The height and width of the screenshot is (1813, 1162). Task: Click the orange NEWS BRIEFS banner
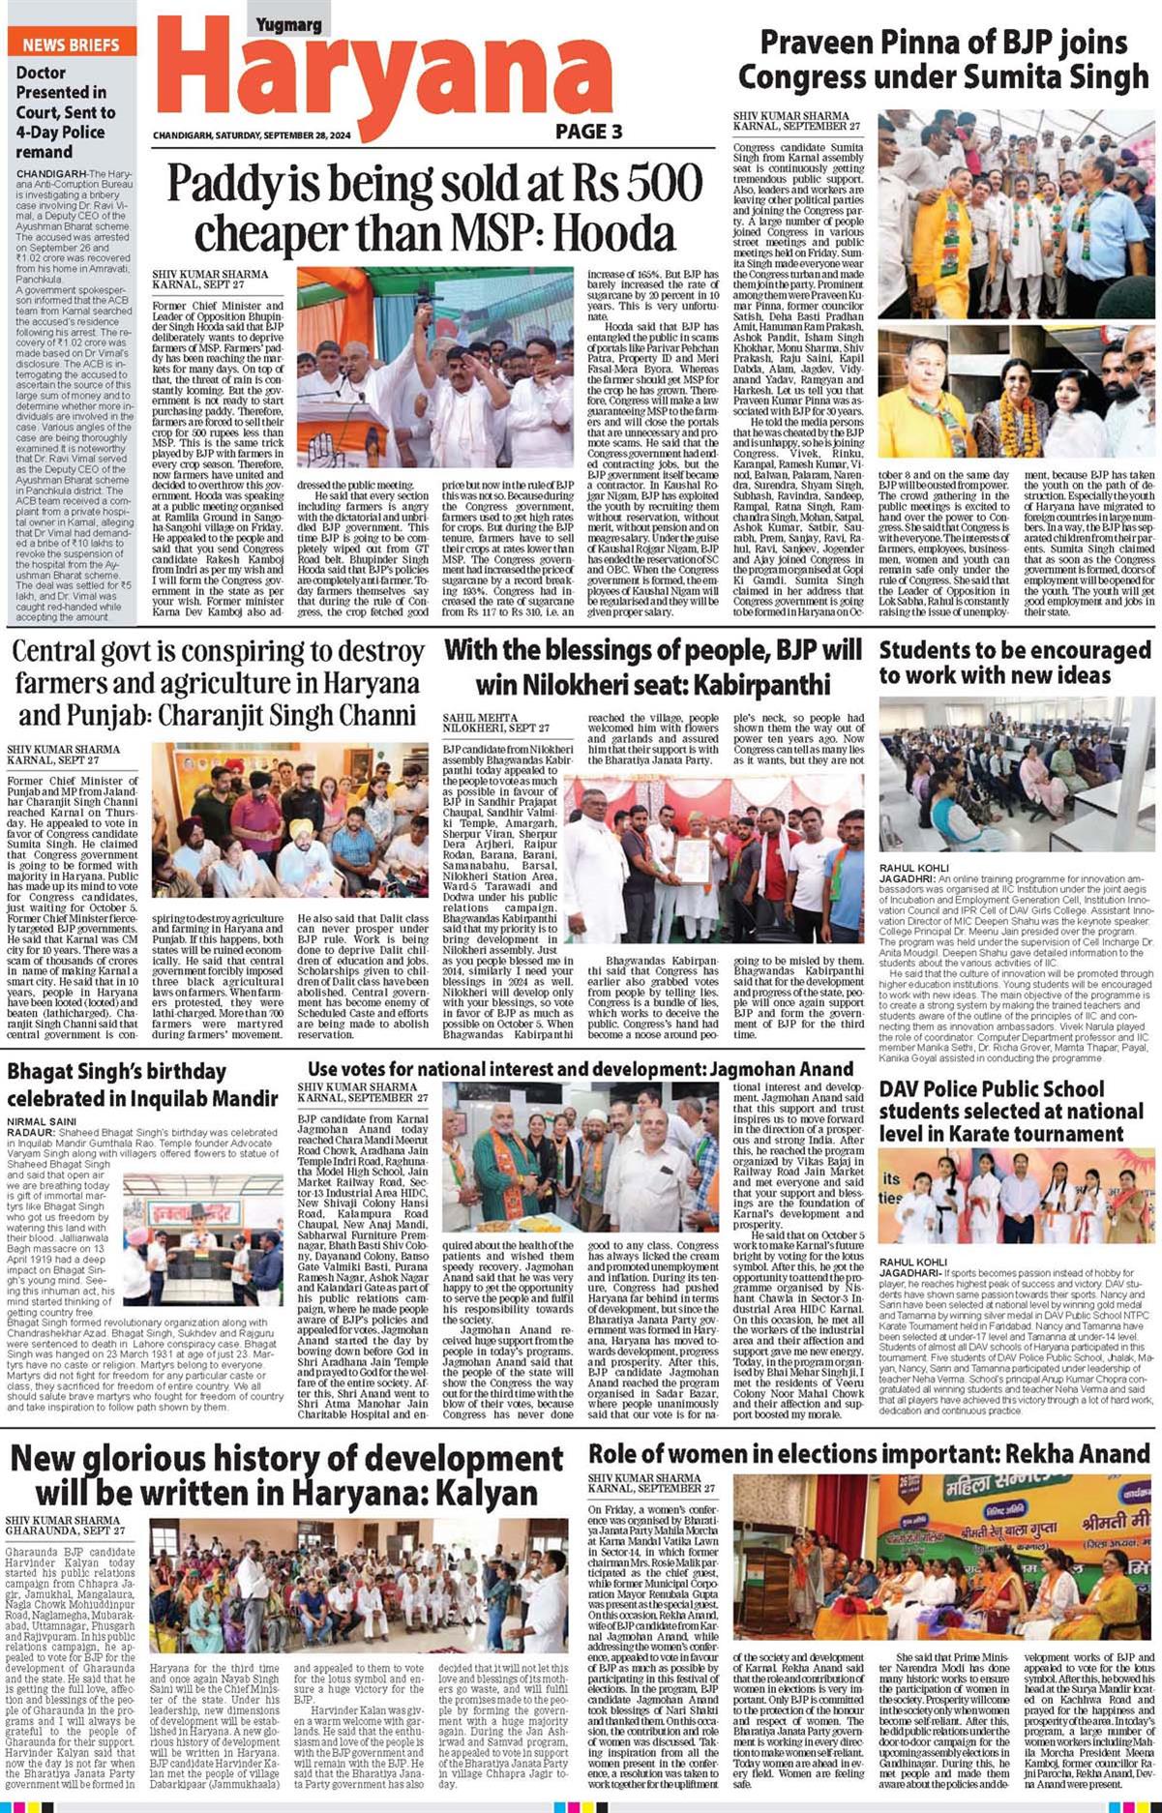(72, 44)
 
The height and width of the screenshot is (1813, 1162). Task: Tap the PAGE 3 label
(588, 132)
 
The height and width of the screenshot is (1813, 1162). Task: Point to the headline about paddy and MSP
(433, 207)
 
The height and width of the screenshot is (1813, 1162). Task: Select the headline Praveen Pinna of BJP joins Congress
(943, 59)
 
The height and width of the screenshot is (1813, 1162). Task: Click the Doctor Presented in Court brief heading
(64, 111)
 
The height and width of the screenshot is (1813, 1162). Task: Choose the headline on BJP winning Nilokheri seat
(652, 666)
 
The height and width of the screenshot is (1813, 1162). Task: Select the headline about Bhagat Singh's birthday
(142, 1085)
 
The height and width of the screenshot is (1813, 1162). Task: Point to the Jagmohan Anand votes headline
(581, 1069)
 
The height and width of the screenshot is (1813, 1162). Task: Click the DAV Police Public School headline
(1011, 1112)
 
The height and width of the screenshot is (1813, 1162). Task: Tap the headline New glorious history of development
(286, 1474)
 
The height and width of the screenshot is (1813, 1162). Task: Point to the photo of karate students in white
(1015, 1196)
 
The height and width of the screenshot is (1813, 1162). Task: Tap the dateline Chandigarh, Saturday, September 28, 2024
(252, 135)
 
